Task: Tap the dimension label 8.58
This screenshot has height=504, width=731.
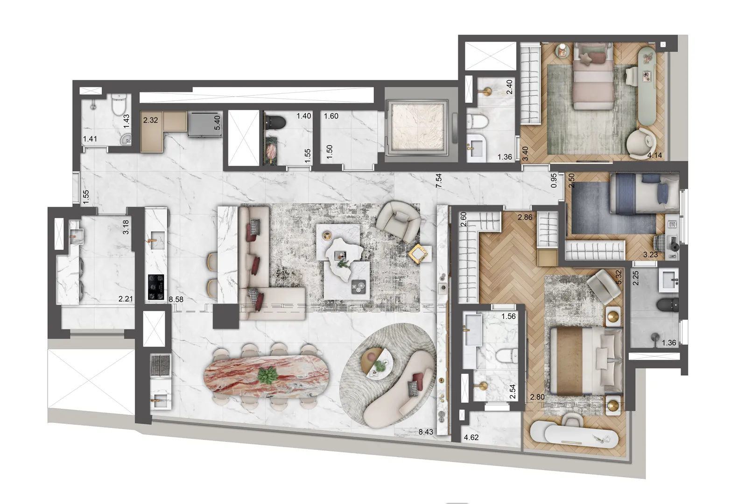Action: (176, 300)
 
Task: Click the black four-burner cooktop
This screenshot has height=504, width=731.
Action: (156, 286)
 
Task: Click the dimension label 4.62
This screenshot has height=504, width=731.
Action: (471, 438)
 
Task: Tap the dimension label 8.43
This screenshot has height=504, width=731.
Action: (426, 432)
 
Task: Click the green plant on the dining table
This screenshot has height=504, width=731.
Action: (268, 376)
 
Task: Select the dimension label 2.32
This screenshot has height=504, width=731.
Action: (150, 120)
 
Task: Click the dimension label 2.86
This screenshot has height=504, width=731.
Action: (525, 217)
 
